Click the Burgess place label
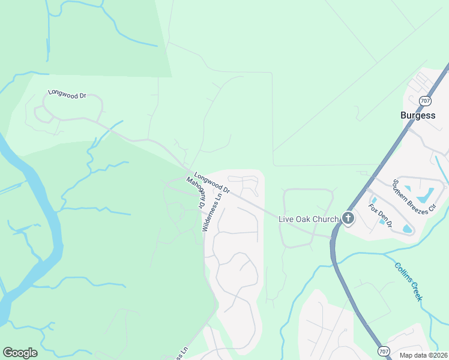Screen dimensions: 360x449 point(418,115)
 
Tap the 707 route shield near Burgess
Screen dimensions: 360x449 point(426,101)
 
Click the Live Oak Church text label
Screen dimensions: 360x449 point(309,219)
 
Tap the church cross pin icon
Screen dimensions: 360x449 point(347,218)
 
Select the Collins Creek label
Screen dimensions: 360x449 point(409,282)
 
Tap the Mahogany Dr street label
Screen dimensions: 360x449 point(196,193)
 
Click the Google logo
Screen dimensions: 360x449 point(20,353)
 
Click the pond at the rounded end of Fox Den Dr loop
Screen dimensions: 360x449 point(408,229)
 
